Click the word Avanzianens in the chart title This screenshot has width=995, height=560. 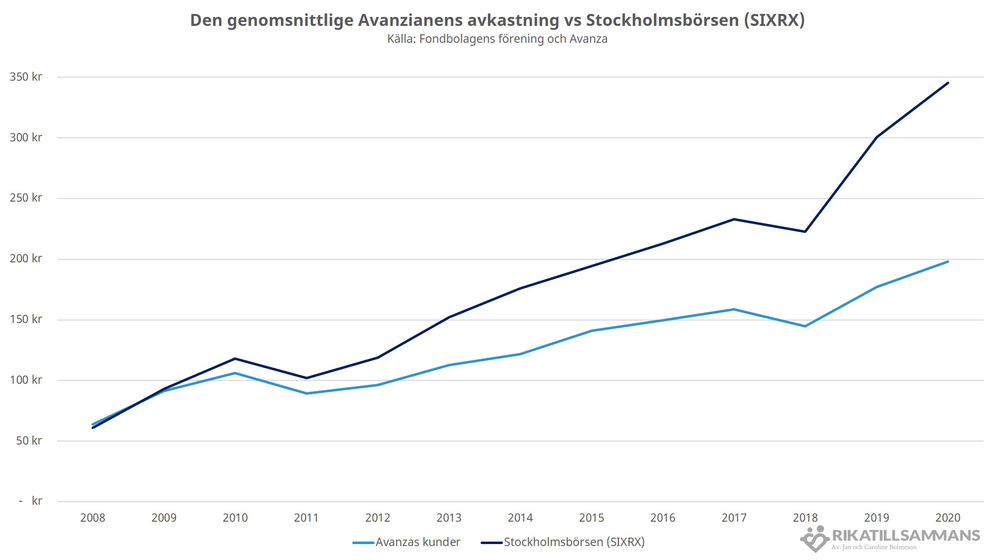[x=410, y=20]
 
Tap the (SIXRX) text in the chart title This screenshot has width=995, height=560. [x=774, y=20]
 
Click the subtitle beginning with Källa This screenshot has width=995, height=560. [x=497, y=39]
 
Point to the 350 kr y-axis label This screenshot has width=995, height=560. [x=26, y=77]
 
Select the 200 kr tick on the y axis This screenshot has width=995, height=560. [x=26, y=259]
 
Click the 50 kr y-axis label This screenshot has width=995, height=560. [x=29, y=441]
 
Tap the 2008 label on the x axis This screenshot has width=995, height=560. [x=93, y=518]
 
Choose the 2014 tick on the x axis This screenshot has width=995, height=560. [x=520, y=518]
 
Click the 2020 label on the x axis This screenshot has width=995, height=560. [x=947, y=518]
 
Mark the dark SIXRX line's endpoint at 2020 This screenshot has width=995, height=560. [x=948, y=83]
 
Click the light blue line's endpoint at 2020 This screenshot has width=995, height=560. [x=948, y=261]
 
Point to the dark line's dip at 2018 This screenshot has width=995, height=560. [x=805, y=231]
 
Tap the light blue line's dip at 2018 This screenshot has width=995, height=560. [x=805, y=326]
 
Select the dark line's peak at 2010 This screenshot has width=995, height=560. [x=235, y=358]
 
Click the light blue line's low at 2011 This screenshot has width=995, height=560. [x=306, y=393]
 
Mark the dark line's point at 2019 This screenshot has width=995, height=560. [x=876, y=137]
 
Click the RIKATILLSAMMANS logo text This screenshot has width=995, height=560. [x=905, y=536]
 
